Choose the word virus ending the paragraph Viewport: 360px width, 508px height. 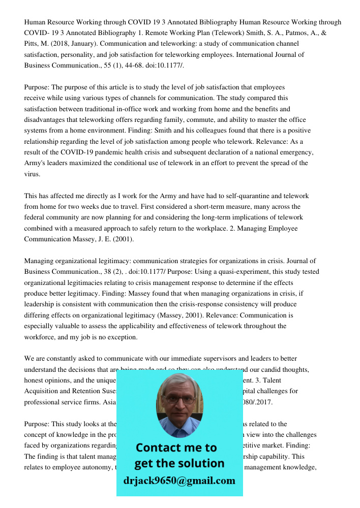pos(32,174)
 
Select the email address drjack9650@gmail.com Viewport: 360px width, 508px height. pos(179,481)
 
